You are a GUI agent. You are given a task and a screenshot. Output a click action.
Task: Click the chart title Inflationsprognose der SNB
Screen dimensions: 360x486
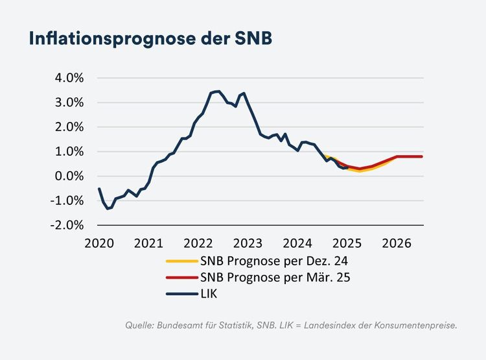click(x=150, y=38)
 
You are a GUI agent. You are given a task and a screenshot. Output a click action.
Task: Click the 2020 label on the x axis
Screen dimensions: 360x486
click(x=99, y=244)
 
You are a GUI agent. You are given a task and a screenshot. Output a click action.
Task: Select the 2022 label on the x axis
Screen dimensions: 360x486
click(x=198, y=244)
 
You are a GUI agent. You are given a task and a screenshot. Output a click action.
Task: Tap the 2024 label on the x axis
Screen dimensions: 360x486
click(x=297, y=244)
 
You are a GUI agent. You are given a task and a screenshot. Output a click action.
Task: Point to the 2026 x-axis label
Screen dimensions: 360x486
click(x=397, y=244)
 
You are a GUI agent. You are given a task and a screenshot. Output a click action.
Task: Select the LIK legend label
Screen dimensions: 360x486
click(x=210, y=294)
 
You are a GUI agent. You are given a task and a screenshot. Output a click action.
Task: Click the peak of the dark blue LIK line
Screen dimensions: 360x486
click(x=218, y=91)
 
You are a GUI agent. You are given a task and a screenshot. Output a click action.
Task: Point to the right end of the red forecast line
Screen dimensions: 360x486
click(x=422, y=156)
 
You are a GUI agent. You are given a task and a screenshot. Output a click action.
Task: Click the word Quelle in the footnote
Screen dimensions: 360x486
click(x=139, y=325)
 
